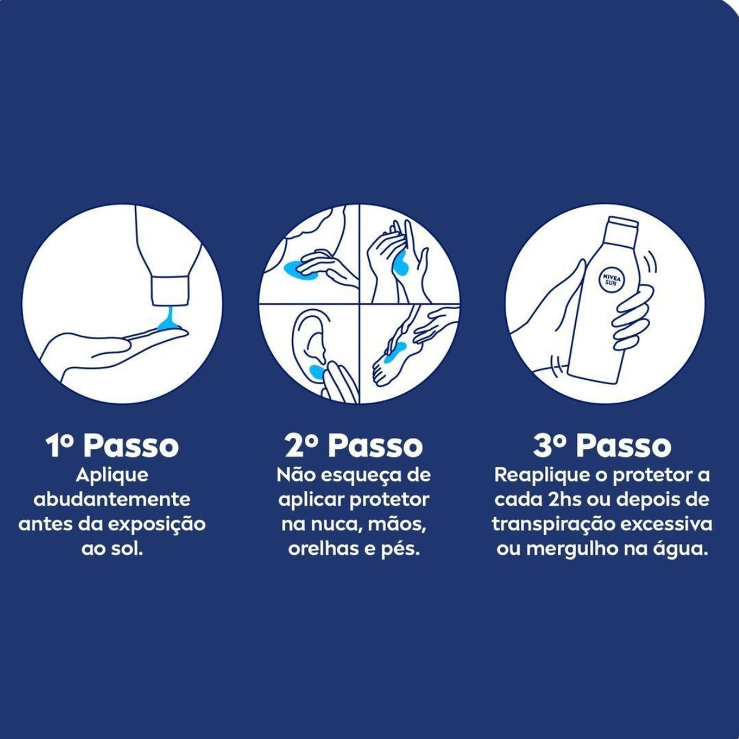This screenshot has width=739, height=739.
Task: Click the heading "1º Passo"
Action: (112, 446)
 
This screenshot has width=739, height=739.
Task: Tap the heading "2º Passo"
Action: (353, 446)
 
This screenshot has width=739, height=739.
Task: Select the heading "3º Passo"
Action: (602, 446)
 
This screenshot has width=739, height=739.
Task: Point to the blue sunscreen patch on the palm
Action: (400, 265)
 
